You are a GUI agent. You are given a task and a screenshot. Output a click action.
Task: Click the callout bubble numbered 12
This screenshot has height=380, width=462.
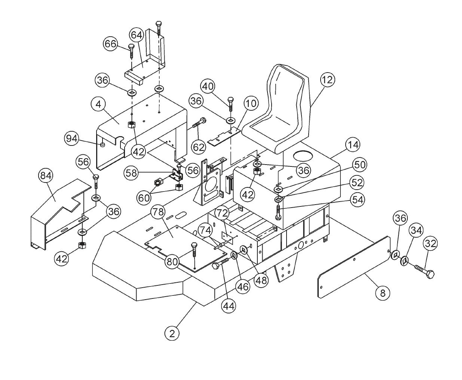pos(328,80)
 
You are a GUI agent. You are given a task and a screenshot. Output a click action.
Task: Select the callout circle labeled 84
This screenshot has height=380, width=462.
pos(47,175)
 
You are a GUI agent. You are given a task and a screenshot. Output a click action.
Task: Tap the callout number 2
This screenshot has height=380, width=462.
pos(172,333)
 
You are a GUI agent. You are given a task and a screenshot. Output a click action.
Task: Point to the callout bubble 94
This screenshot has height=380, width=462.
pos(71,138)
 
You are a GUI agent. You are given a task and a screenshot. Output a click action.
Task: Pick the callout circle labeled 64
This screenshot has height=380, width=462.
pos(137,35)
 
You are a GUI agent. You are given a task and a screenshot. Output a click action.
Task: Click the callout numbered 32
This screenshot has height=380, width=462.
pos(431,244)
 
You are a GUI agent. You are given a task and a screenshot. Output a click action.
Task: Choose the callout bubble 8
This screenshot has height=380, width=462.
pos(382,293)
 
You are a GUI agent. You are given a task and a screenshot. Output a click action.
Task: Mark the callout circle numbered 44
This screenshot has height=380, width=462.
pos(229,306)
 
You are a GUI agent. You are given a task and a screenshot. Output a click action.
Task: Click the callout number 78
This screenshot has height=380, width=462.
pos(158,212)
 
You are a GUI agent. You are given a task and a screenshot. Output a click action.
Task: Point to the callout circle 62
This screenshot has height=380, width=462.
pos(199,147)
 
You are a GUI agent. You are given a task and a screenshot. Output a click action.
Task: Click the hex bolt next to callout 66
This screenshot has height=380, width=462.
pos(131,50)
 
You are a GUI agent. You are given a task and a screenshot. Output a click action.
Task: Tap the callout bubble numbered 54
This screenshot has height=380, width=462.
pos(358,200)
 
